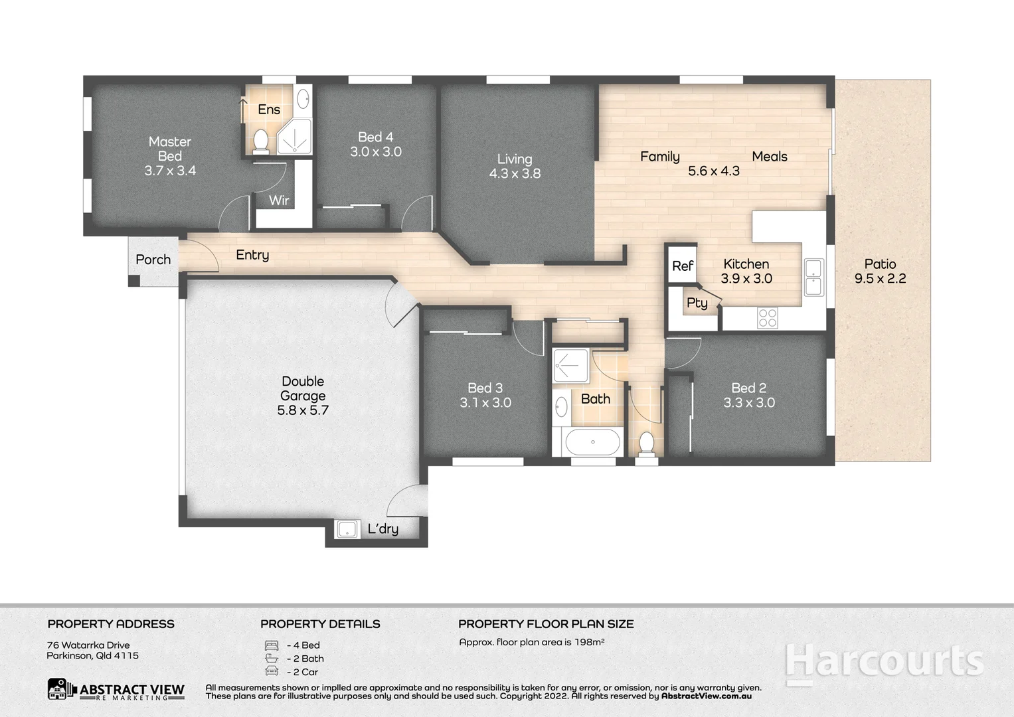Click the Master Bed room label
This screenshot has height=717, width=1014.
(170, 149)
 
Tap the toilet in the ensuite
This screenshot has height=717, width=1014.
(261, 141)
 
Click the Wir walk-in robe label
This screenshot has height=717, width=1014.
(279, 200)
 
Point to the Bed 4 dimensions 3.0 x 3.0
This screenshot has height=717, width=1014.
(376, 151)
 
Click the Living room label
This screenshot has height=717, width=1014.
(515, 159)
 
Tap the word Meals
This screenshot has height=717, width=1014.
(770, 157)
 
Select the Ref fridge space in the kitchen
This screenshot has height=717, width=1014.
(682, 266)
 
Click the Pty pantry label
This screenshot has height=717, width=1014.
(697, 303)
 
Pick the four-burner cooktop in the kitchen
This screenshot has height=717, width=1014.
(768, 318)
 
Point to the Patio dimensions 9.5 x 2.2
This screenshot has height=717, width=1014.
(880, 279)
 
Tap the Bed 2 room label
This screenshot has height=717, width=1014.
(749, 388)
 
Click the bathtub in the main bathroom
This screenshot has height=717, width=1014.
(592, 441)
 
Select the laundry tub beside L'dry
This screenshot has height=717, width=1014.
(347, 529)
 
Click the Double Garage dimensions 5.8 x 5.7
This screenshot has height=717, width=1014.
(303, 410)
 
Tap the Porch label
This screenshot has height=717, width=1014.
(153, 260)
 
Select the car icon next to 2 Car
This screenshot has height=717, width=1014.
(272, 671)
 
